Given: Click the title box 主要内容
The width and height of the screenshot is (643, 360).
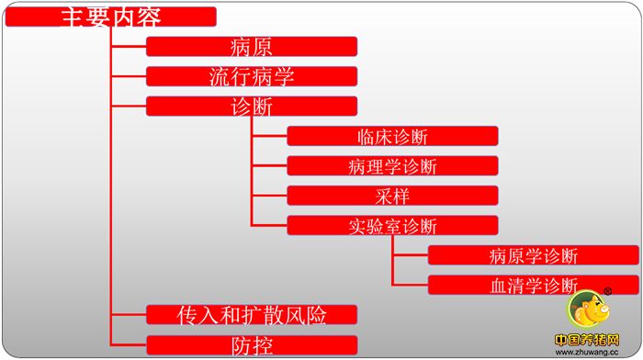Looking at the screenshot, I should tap(111, 17).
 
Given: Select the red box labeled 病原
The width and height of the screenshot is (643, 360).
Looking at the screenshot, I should tap(252, 47).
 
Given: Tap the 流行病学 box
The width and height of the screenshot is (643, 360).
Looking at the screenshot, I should tap(252, 76).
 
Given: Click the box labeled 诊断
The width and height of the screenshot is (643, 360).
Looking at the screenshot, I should tap(252, 107).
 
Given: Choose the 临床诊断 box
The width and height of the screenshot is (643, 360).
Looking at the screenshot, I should tap(392, 137).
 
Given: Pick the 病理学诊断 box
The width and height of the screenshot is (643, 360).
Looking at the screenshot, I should tap(392, 166).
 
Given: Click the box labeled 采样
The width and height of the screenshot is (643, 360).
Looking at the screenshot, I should tap(392, 196).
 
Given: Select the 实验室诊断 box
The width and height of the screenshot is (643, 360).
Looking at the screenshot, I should tap(392, 226).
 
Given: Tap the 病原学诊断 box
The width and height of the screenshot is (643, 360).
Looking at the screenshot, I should tap(534, 255).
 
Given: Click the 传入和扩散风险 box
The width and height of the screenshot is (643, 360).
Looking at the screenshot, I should tap(252, 315).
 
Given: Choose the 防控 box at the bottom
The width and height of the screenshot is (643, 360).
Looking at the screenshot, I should tap(252, 345).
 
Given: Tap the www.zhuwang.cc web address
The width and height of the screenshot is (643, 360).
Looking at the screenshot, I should tap(587, 351).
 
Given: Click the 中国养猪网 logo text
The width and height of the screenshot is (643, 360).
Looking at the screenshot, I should tap(587, 339).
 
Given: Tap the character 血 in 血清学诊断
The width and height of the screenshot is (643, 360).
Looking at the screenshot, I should tap(499, 285).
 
